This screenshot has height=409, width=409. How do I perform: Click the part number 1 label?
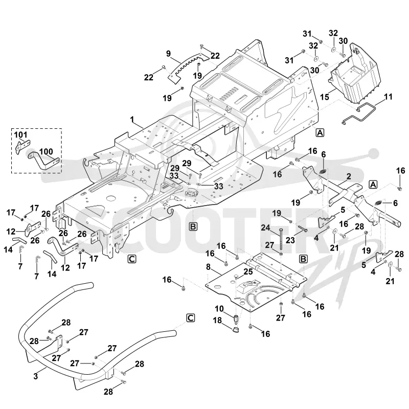[x=132, y=120]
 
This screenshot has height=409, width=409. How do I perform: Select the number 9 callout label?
[x=169, y=54]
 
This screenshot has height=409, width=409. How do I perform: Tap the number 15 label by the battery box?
[x=325, y=97]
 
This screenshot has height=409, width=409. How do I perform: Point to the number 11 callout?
[x=388, y=97]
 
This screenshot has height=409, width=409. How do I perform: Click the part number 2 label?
[x=349, y=176]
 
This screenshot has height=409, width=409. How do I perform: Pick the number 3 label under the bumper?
[x=36, y=376]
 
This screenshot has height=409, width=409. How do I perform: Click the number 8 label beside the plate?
[x=208, y=267]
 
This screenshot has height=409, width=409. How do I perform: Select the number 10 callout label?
[x=219, y=309]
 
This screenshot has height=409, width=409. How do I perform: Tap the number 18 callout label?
[x=218, y=321]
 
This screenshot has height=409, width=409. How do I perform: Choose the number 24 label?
[x=265, y=228]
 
